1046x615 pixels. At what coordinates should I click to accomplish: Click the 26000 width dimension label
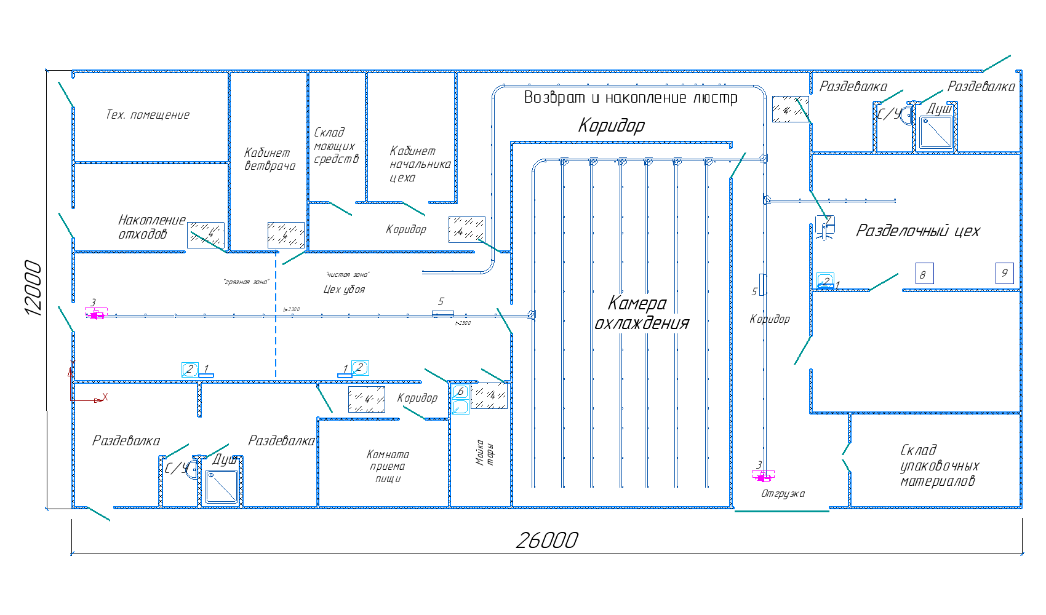point(547,541)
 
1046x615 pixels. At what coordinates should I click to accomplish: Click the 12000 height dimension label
point(33,288)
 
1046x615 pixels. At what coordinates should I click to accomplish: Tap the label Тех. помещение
point(148,115)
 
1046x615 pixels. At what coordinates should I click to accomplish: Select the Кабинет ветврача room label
point(269,159)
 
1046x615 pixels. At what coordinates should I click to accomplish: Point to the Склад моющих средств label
point(335,146)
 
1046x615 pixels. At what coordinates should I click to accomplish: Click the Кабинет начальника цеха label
point(420,164)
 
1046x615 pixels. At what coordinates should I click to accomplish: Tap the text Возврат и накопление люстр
point(630,98)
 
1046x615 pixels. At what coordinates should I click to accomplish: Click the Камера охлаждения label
point(641,313)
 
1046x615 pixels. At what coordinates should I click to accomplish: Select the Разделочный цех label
point(917,231)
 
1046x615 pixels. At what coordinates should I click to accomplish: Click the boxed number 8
point(924,274)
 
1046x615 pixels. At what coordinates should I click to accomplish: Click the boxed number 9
point(1004,273)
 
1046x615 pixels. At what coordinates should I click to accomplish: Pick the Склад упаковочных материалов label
point(939,466)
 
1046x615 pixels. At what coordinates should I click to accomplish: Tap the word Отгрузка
point(783,494)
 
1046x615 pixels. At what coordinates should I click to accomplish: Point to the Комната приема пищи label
point(388,466)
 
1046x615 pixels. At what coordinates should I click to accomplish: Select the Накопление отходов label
point(151,227)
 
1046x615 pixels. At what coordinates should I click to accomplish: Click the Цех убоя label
point(344,290)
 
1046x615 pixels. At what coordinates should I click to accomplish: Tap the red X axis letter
point(105,397)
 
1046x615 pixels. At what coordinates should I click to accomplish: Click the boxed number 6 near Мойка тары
point(460,392)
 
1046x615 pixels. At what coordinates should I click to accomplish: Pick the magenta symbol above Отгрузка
point(763,475)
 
